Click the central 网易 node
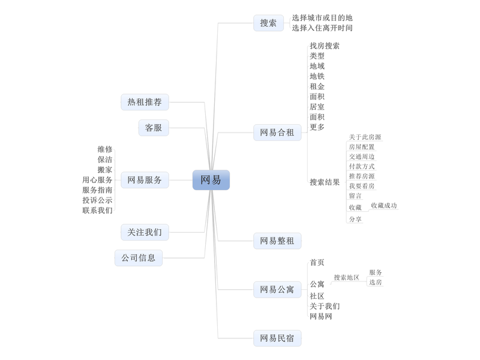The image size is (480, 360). [211, 180]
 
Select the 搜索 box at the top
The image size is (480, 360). [268, 23]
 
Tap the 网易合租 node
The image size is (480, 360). [277, 133]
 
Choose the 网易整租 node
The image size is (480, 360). [277, 241]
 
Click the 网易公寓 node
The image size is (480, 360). [277, 290]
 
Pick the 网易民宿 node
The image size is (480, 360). [277, 338]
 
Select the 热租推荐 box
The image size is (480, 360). [145, 102]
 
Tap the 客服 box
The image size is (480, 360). [154, 128]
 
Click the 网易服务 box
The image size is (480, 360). [145, 180]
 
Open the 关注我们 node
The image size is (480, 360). [145, 232]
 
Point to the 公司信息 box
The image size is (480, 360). [139, 258]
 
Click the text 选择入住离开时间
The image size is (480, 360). [322, 28]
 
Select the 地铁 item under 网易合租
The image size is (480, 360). [317, 76]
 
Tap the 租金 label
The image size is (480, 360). [317, 86]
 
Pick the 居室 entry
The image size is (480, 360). [317, 107]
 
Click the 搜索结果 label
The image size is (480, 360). [325, 182]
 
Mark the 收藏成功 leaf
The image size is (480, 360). [383, 205]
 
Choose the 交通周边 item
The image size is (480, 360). [362, 157]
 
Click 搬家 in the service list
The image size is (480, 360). [105, 170]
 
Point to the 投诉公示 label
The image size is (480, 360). [97, 200]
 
